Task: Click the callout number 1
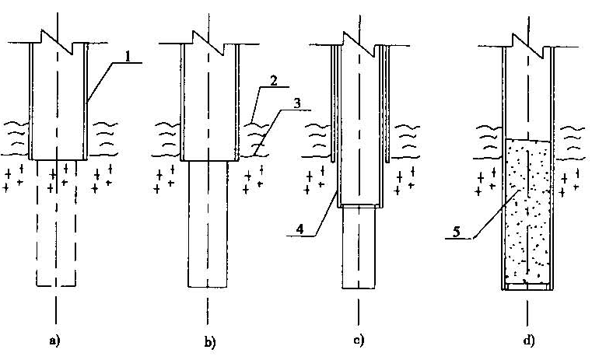[128, 56]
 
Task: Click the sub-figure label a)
[55, 341]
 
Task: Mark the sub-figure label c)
[358, 341]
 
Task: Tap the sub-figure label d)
[529, 341]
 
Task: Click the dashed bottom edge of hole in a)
[54, 286]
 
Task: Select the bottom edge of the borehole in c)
[358, 286]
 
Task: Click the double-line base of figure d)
[528, 286]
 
